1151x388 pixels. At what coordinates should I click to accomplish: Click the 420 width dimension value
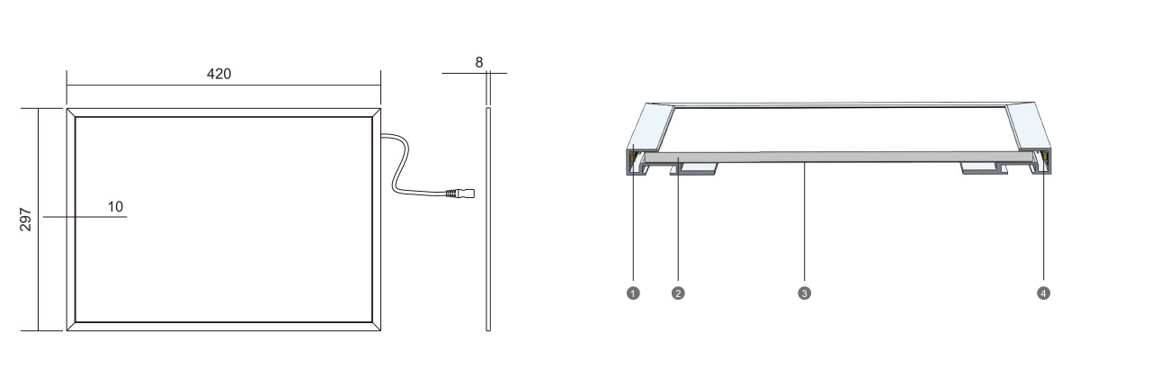219,74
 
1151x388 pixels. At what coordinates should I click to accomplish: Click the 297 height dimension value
25,220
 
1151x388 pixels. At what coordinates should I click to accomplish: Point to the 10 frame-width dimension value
116,207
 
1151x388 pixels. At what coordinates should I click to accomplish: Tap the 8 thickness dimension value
479,62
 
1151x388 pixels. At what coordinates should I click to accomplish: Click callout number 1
633,293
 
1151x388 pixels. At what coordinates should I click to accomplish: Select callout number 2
678,293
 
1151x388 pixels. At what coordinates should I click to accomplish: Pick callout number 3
804,293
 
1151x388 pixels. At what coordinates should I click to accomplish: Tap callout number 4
1043,293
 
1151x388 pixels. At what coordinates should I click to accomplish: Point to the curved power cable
401,165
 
